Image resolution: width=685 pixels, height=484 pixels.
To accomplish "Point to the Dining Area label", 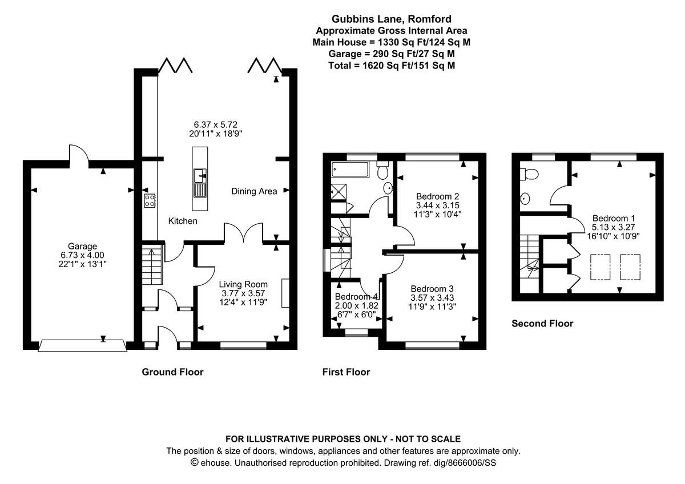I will click(x=254, y=191).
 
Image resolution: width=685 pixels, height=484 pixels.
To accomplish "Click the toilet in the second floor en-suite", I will click(x=528, y=174).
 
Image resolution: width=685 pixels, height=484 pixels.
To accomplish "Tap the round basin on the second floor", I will click(x=525, y=199).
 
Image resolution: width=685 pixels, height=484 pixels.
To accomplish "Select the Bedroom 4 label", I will click(x=357, y=297).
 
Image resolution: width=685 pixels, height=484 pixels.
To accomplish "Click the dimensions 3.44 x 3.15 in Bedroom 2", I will click(x=438, y=205).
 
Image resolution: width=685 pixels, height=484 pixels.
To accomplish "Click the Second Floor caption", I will click(x=542, y=324).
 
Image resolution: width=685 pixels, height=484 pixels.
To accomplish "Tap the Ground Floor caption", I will click(x=172, y=372).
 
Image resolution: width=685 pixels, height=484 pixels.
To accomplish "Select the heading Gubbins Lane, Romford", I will click(x=392, y=19).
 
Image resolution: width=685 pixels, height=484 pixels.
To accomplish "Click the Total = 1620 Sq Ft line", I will click(x=392, y=65).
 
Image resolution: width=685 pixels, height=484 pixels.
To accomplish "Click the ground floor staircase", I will click(x=153, y=265).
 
